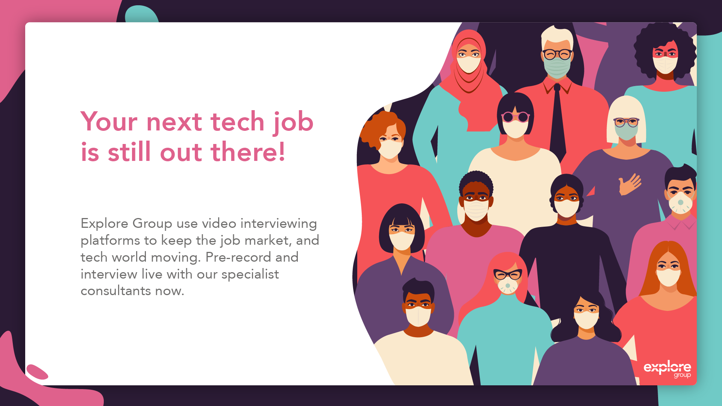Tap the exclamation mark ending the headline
coord(282,152)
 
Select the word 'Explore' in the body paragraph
coord(104,223)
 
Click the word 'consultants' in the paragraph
coord(115,291)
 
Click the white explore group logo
coord(667,369)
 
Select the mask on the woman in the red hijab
coord(469,64)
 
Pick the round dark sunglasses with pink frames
coord(515,117)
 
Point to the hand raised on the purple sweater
coord(629,184)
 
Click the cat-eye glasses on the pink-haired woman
coord(508,275)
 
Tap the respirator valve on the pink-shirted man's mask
coord(681,203)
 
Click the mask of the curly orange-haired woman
coord(390,149)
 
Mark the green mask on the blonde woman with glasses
coord(626,132)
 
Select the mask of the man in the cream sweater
coord(418,316)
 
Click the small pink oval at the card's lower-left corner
coord(37,372)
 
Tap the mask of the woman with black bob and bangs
coord(402,241)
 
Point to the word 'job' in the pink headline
coord(293,123)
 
